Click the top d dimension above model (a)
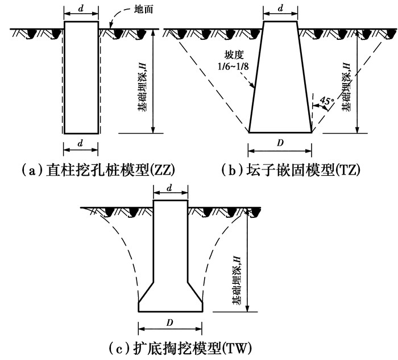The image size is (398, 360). (80, 9)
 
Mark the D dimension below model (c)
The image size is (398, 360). (171, 321)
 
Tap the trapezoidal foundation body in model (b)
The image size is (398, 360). (280, 80)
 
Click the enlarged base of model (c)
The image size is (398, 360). (171, 299)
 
